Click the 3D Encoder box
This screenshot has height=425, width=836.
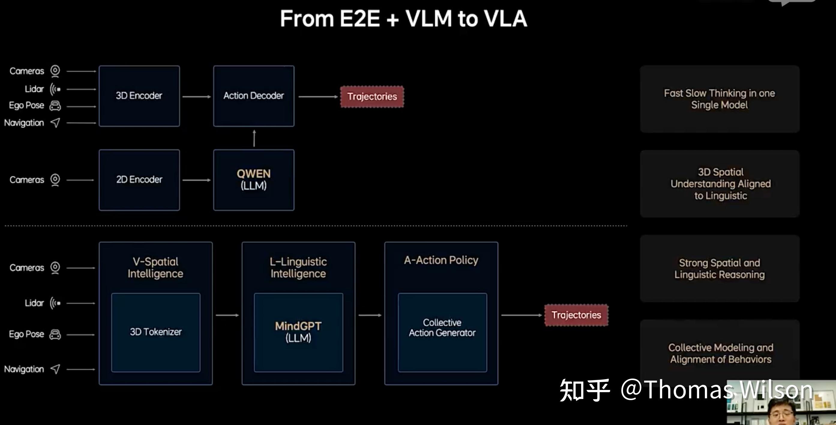[x=139, y=96]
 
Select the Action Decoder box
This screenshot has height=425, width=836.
[x=254, y=96]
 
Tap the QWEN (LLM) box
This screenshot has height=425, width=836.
[x=254, y=180]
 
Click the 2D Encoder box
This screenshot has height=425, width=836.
[x=139, y=180]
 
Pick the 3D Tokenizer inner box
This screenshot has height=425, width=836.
[x=156, y=332]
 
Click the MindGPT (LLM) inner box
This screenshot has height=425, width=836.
[x=298, y=332]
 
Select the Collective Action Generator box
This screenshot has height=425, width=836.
[x=442, y=332]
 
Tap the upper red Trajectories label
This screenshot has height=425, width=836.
[x=372, y=97]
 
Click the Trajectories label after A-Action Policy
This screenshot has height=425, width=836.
[x=576, y=315]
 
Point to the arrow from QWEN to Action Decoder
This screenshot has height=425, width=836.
[x=254, y=138]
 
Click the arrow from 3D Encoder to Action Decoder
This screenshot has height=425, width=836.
[x=197, y=97]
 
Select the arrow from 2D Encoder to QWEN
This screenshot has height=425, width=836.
[x=197, y=180]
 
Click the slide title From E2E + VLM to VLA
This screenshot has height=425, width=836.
[x=403, y=19]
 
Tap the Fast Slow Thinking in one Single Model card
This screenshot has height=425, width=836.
[x=720, y=99]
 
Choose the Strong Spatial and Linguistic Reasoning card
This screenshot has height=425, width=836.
[x=720, y=269]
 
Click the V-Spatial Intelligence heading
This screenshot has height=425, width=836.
[x=155, y=267]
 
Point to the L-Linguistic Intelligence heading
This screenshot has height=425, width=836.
[x=298, y=267]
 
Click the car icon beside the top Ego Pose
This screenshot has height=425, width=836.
[x=55, y=106]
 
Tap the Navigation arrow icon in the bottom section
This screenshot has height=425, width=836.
[x=56, y=369]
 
